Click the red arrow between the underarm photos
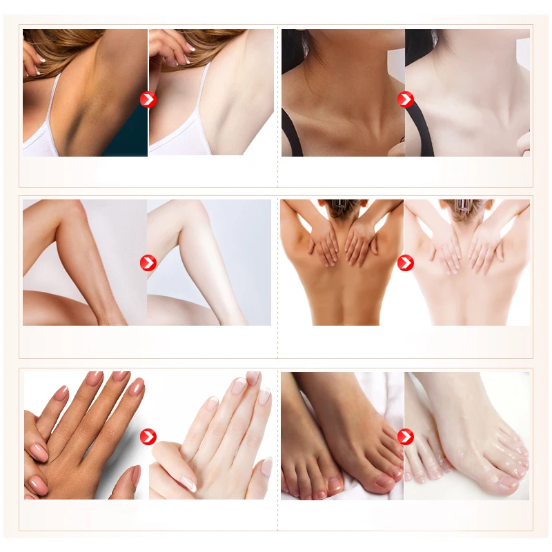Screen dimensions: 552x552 (148, 99)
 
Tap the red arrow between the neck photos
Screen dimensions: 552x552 (405, 99)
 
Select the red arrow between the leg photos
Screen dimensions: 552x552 (148, 262)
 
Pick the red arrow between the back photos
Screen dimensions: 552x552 (405, 262)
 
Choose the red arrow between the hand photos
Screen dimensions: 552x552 (148, 436)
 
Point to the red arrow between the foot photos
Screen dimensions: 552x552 (405, 436)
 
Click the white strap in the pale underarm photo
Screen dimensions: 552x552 (200, 103)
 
